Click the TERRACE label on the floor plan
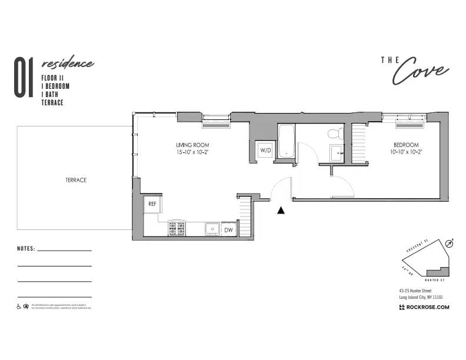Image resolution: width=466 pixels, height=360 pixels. pyautogui.click(x=76, y=180)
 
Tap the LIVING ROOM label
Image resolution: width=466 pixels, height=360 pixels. pyautogui.click(x=192, y=145)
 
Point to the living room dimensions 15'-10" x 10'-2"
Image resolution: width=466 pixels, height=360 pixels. pyautogui.click(x=192, y=152)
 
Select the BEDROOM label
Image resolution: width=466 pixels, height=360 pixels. pyautogui.click(x=406, y=145)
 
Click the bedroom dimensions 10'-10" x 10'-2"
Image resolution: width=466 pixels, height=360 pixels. pyautogui.click(x=406, y=152)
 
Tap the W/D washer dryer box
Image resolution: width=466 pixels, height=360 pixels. pyautogui.click(x=265, y=150)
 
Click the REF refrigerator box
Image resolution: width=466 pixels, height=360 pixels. pyautogui.click(x=152, y=204)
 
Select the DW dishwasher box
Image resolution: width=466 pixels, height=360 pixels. pyautogui.click(x=228, y=229)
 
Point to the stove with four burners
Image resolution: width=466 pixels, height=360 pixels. pyautogui.click(x=177, y=228)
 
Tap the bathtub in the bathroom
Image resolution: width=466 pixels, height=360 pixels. pyautogui.click(x=286, y=141)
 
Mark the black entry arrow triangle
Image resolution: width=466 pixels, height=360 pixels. pyautogui.click(x=281, y=210)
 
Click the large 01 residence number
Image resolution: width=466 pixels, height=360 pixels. pyautogui.click(x=23, y=77)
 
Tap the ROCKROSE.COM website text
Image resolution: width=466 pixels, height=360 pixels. pyautogui.click(x=427, y=307)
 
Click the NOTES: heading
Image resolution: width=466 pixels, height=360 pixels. pyautogui.click(x=26, y=249)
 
